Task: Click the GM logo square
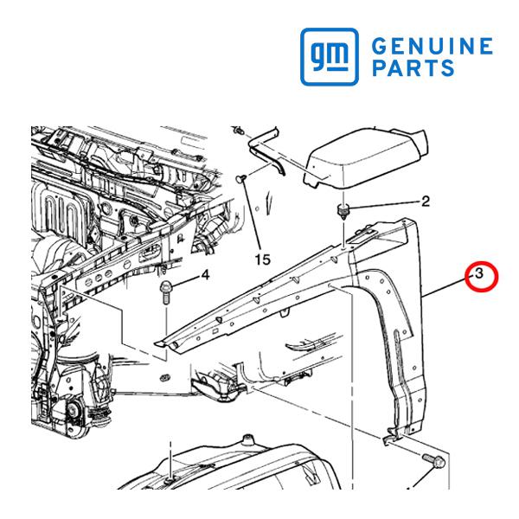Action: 330,56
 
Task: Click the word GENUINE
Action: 432,46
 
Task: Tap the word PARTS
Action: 413,67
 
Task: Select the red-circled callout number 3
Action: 479,274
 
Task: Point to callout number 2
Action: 426,202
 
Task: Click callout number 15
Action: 263,259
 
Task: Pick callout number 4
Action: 205,275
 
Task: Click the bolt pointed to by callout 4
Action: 166,292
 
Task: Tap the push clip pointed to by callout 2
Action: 343,211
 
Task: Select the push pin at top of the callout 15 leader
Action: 241,179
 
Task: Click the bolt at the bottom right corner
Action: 434,461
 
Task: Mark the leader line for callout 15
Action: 252,215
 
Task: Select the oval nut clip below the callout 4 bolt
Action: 164,377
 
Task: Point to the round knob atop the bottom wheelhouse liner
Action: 247,440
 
